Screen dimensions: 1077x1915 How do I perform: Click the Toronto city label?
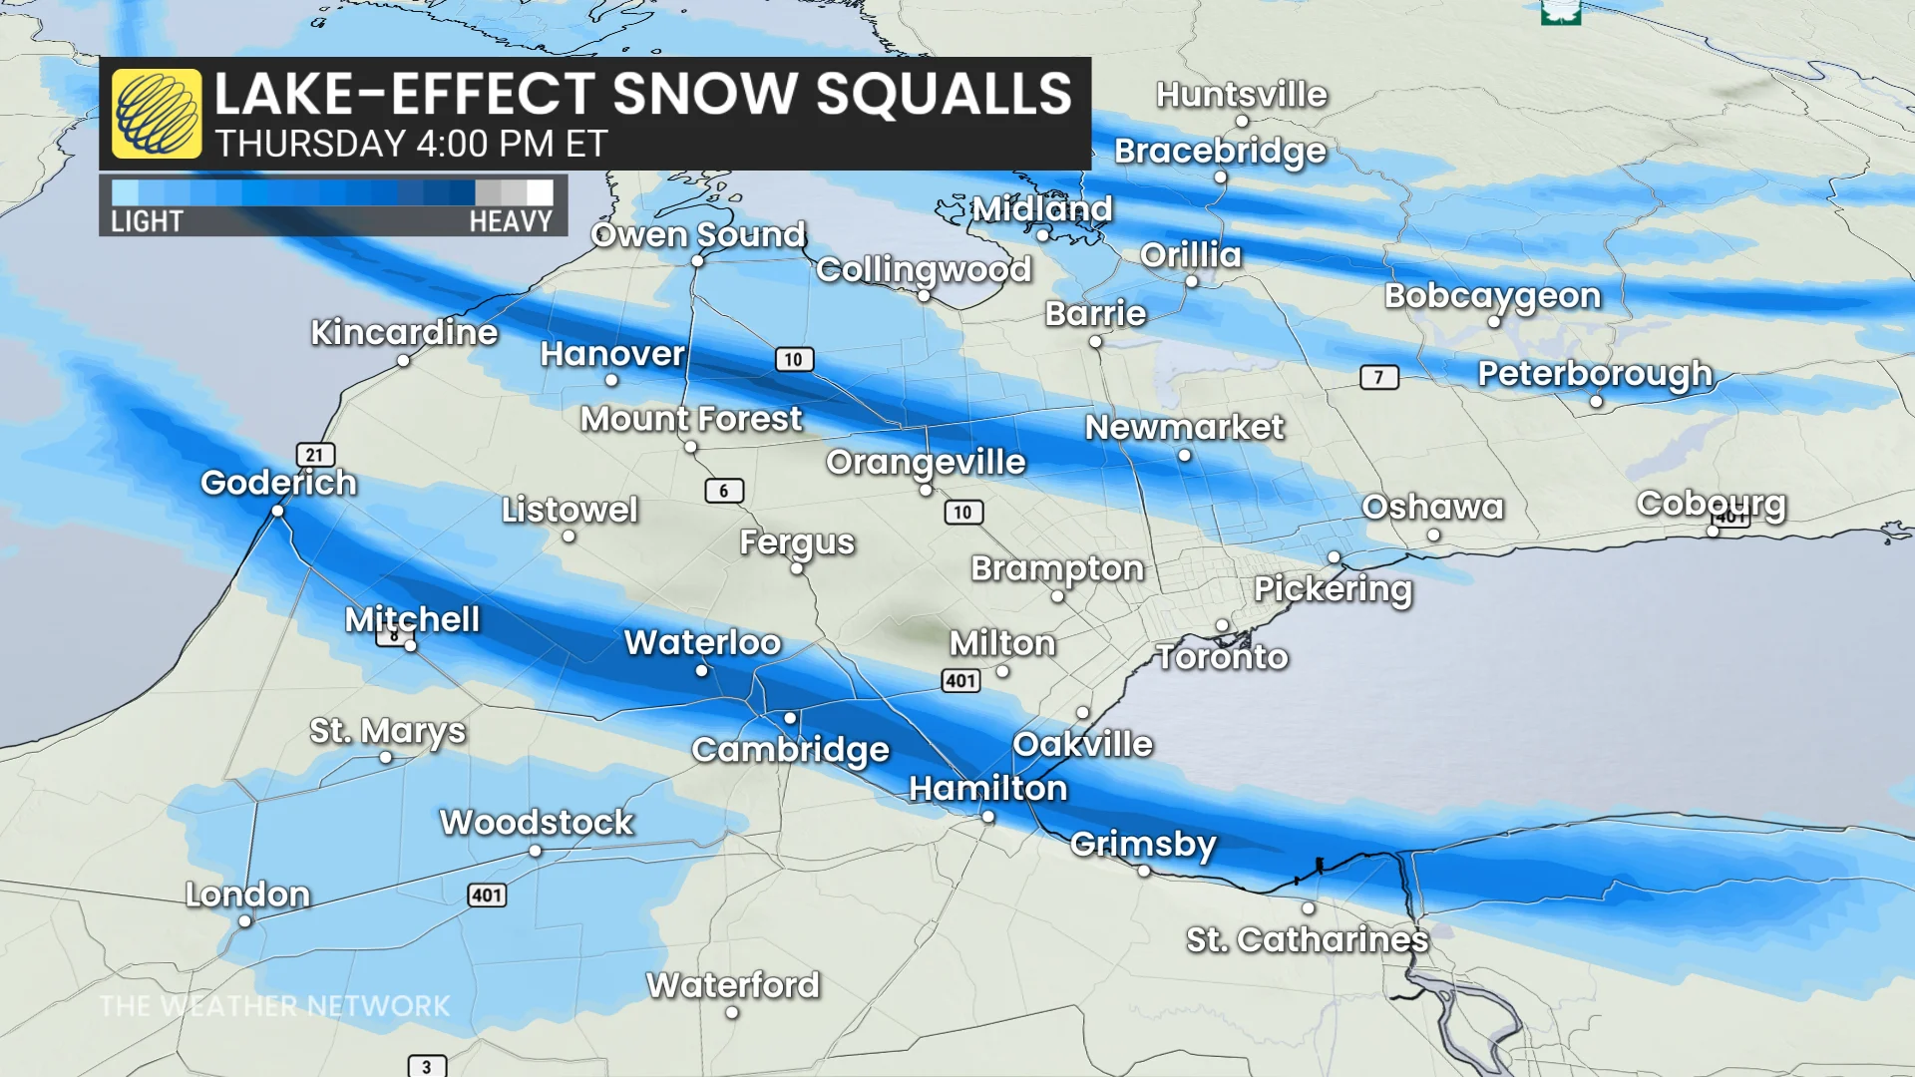[1222, 657]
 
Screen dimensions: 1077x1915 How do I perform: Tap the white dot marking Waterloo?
[702, 671]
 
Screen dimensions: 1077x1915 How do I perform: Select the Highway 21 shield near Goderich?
[315, 455]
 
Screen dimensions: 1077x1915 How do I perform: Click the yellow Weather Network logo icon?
[157, 114]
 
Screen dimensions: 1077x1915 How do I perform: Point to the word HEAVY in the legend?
[511, 221]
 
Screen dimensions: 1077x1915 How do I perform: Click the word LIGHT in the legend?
[147, 221]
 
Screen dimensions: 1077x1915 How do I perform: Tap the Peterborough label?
[1594, 374]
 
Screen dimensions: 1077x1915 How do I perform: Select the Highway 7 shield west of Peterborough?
[1379, 377]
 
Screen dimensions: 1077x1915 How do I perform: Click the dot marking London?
[245, 921]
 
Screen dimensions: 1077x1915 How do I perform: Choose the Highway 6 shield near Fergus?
[724, 491]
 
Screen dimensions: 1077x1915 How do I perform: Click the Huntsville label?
[1242, 95]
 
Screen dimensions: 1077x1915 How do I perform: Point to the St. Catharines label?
[1307, 939]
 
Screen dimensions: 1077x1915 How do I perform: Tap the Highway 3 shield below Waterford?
[427, 1066]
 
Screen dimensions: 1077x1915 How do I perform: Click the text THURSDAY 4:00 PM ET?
[411, 145]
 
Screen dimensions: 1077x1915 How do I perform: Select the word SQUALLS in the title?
[943, 95]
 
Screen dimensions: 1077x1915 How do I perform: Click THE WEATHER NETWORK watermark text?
[275, 1006]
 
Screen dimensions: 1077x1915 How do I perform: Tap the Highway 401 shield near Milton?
[960, 681]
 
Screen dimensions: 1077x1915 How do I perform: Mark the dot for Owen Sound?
[697, 261]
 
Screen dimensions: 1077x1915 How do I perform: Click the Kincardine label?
[404, 332]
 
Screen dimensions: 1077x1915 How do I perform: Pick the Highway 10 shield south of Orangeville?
[962, 513]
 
